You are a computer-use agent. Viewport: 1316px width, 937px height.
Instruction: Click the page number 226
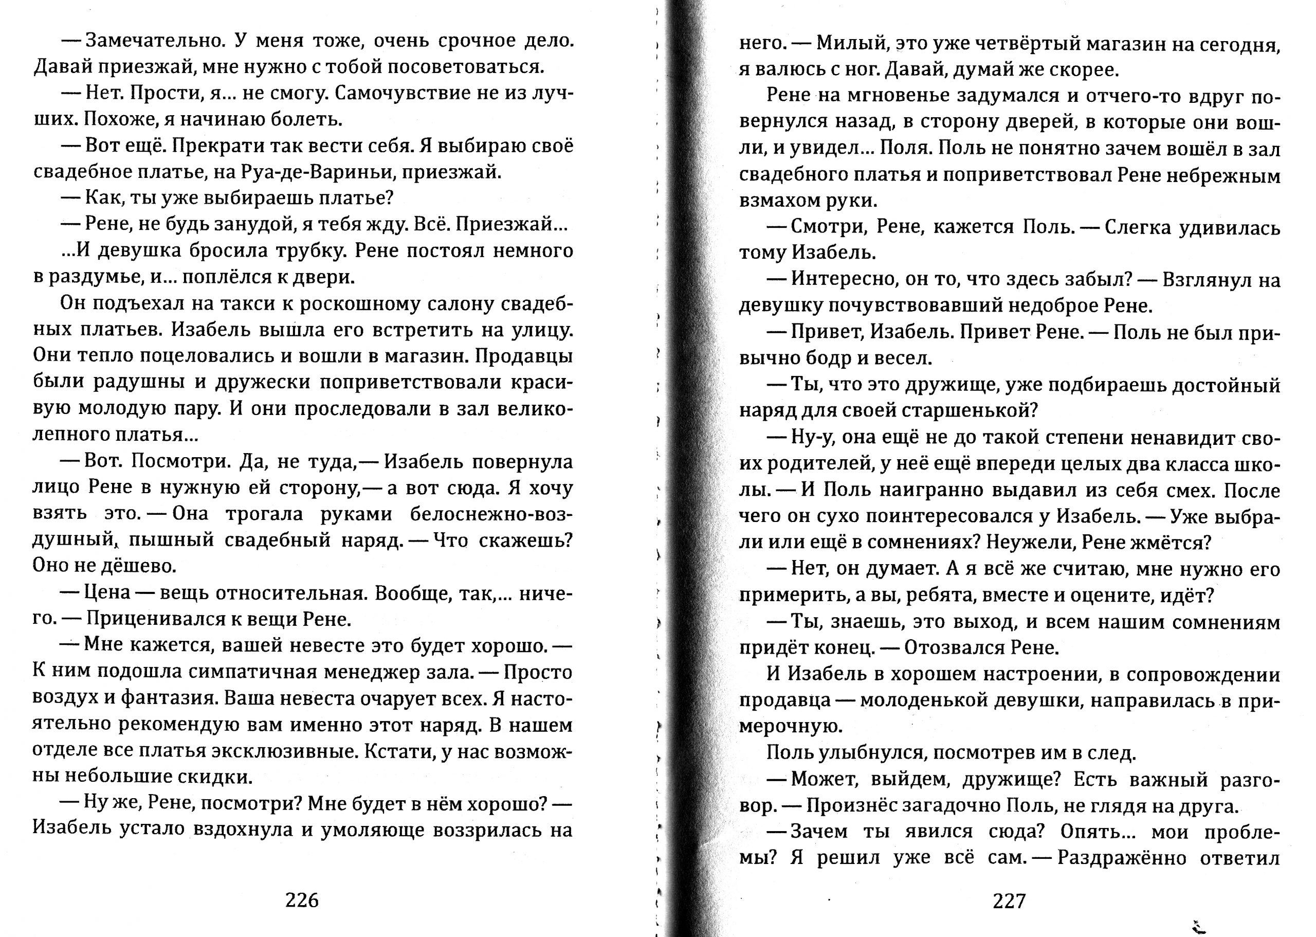click(x=302, y=899)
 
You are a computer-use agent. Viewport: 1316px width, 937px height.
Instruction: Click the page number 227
click(x=1009, y=900)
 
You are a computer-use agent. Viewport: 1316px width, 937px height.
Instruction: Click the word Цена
click(x=108, y=593)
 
